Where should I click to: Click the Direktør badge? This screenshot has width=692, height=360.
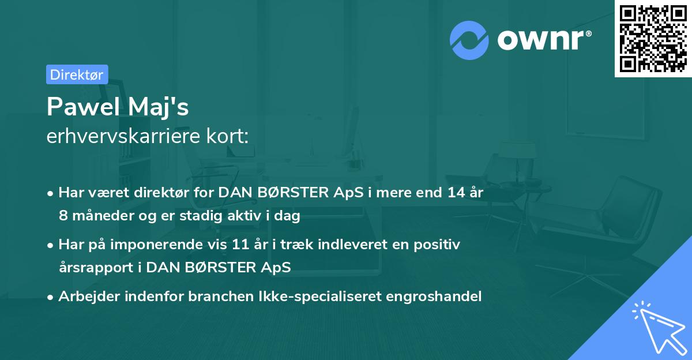[77, 74]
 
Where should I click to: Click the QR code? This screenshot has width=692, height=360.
[652, 39]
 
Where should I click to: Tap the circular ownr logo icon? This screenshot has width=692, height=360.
[469, 40]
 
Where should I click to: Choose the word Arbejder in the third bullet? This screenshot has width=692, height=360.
[84, 297]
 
